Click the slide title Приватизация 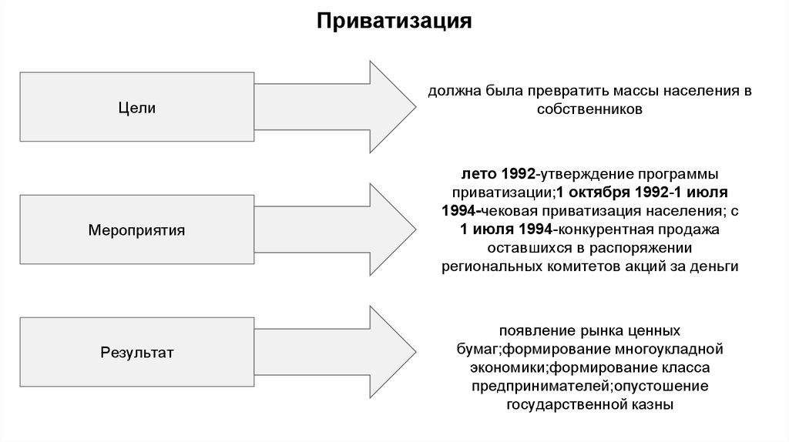(394, 22)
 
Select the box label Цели (137, 108)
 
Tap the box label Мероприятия (137, 230)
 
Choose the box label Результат (137, 353)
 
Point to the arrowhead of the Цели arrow (393, 107)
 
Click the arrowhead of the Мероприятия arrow (393, 229)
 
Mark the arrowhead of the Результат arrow (393, 352)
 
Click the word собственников (589, 109)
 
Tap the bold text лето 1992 (499, 174)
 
